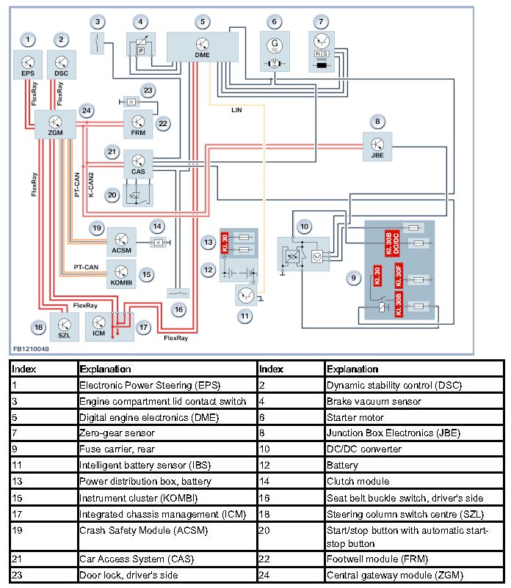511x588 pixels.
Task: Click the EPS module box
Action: pos(28,65)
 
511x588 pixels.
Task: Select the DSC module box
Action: pos(61,65)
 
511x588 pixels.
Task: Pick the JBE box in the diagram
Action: pos(377,146)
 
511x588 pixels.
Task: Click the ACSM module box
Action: pos(121,240)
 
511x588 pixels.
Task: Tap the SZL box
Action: pos(64,327)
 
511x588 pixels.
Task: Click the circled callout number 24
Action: pos(87,111)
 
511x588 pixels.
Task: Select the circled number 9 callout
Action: pos(354,278)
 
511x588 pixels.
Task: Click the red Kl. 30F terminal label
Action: pos(399,280)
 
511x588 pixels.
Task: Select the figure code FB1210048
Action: pos(31,350)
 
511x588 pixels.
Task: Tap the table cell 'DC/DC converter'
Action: pos(361,449)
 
